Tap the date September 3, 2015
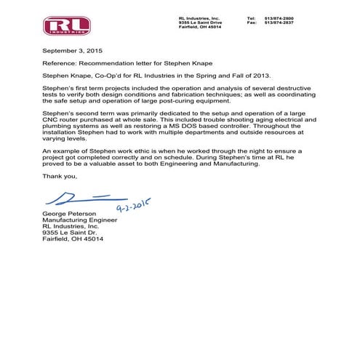pyautogui.click(x=67, y=53)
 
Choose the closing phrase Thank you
pyautogui.click(x=58, y=175)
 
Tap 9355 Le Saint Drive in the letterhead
pyautogui.click(x=199, y=22)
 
